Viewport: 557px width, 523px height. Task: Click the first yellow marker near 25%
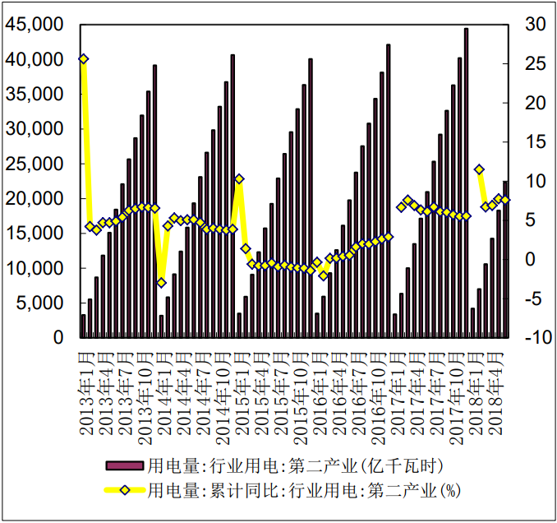pyautogui.click(x=83, y=59)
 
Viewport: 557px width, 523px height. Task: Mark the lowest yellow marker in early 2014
pyautogui.click(x=161, y=282)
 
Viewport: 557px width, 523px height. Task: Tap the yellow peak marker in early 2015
pyautogui.click(x=239, y=178)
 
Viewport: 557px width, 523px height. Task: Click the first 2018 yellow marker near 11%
pyautogui.click(x=479, y=169)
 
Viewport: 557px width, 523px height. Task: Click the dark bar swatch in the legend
pyautogui.click(x=126, y=466)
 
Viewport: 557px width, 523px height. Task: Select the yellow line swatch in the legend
pyautogui.click(x=126, y=491)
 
